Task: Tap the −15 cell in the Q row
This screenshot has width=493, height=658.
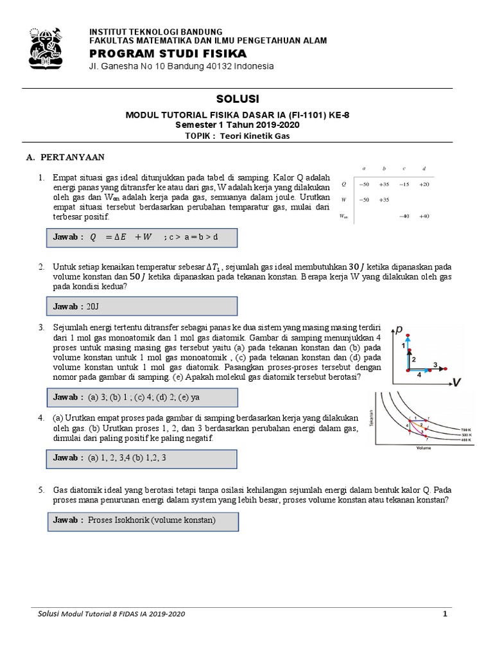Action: coord(403,184)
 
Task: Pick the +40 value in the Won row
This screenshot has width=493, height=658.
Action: coord(425,216)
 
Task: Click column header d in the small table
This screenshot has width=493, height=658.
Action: coord(425,169)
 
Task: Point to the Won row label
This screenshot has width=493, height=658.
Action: coord(343,217)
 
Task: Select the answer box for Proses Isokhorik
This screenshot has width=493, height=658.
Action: coord(143,520)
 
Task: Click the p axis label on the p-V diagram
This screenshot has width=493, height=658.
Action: coord(399,330)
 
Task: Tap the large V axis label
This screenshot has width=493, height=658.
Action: coord(456,383)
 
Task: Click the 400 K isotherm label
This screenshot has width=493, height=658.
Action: coord(467,440)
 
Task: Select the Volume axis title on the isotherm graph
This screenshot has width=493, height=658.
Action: coord(423,447)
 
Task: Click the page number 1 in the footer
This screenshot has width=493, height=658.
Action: coord(444,614)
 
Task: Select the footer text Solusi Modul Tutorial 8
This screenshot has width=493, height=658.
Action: coord(90,615)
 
